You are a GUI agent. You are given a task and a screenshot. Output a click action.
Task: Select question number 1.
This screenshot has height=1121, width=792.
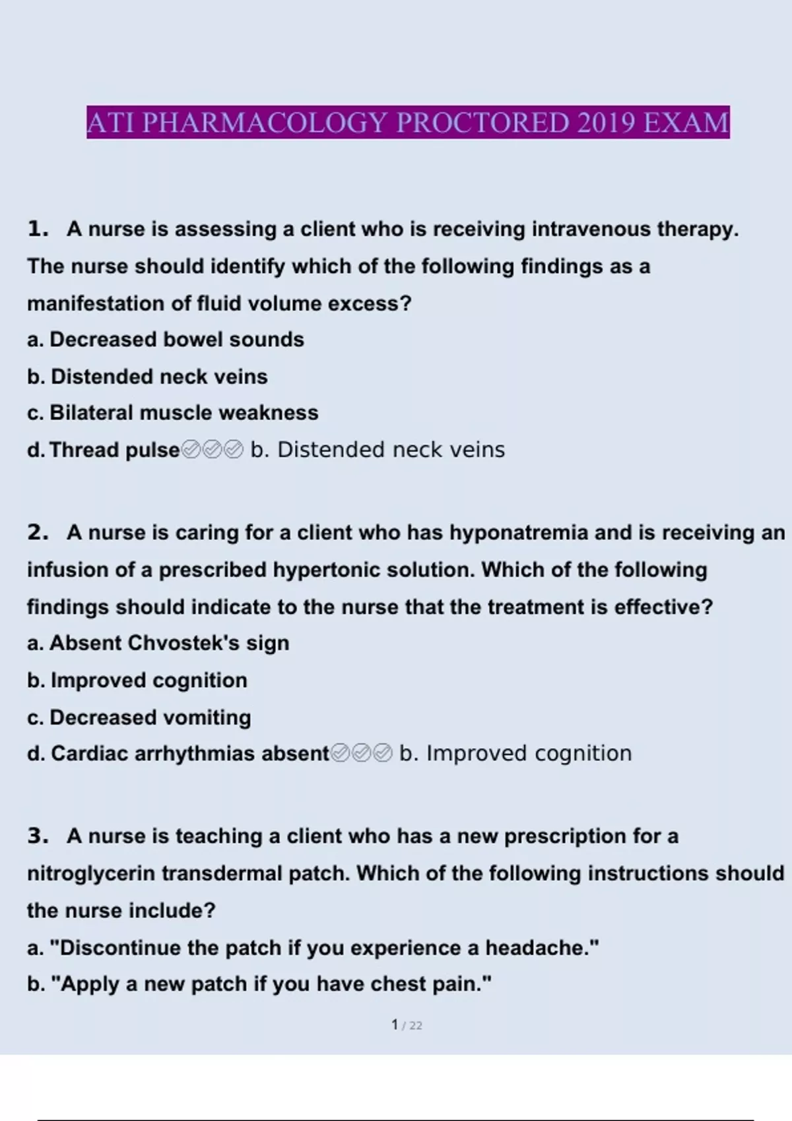(38, 229)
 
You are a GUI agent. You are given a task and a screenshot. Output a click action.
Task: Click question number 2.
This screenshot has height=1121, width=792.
(38, 533)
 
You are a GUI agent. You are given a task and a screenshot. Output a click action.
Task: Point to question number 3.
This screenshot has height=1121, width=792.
(38, 836)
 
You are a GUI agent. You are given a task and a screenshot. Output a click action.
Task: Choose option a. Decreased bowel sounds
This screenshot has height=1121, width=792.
(166, 340)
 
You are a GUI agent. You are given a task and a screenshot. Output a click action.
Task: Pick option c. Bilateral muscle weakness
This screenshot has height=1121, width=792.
(173, 413)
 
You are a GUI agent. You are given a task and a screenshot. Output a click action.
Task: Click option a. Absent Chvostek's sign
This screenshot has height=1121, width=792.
(158, 643)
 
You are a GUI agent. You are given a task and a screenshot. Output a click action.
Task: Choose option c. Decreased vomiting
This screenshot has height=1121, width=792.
(139, 717)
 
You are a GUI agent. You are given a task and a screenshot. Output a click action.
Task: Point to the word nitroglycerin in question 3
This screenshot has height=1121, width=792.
(91, 874)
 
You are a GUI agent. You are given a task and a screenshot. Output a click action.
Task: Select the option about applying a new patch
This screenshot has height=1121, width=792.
(259, 984)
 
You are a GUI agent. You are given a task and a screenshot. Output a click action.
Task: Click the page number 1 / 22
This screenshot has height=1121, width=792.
(407, 1025)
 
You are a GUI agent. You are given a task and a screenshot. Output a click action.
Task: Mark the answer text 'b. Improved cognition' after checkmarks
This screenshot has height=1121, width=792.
(515, 753)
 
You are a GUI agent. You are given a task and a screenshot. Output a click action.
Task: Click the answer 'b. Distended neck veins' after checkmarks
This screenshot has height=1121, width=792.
(378, 450)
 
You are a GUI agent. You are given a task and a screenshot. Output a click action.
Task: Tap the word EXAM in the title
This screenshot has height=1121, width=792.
(686, 123)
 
